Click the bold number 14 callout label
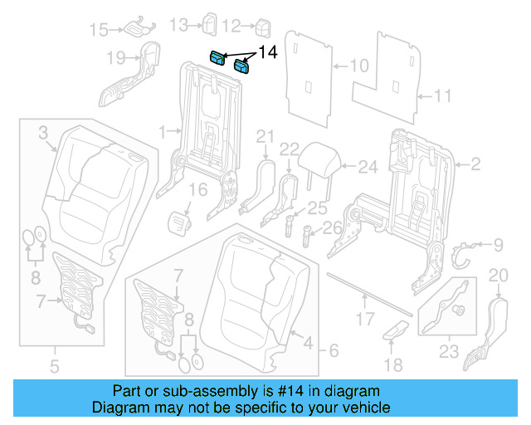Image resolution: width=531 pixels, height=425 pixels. (x=267, y=52)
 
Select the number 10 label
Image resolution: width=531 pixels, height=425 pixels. (x=358, y=65)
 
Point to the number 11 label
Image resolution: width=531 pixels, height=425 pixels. (x=442, y=96)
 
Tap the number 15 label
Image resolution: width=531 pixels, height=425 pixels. (x=99, y=30)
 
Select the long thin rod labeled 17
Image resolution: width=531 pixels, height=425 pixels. (x=368, y=291)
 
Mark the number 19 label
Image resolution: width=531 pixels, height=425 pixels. (x=116, y=58)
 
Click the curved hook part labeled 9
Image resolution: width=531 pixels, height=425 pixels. (x=462, y=252)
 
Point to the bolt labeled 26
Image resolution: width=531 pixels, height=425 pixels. (x=309, y=235)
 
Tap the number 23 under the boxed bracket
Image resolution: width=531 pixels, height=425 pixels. (x=447, y=352)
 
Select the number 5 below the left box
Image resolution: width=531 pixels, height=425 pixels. (x=53, y=365)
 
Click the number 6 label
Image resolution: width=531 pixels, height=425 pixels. (x=332, y=351)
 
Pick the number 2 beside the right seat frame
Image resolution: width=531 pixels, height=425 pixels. (x=475, y=165)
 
